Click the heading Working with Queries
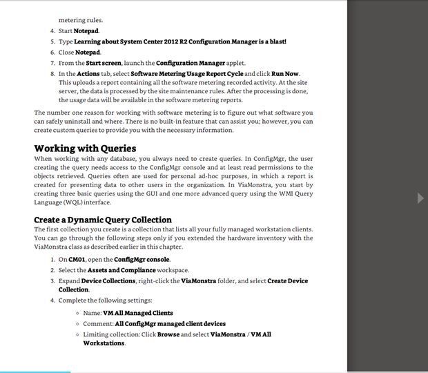[x=85, y=149]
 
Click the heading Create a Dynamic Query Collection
[x=103, y=220]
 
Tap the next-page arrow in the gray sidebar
[x=420, y=198]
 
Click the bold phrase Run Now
[x=285, y=73]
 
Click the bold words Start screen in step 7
[x=104, y=63]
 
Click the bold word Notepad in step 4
[x=87, y=31]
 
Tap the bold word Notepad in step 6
[x=88, y=52]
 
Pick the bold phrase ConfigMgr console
[x=142, y=260]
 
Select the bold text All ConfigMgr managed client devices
[x=170, y=323]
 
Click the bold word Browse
[x=168, y=334]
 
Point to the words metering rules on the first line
[x=81, y=21]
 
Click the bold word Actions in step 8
[x=89, y=73]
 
